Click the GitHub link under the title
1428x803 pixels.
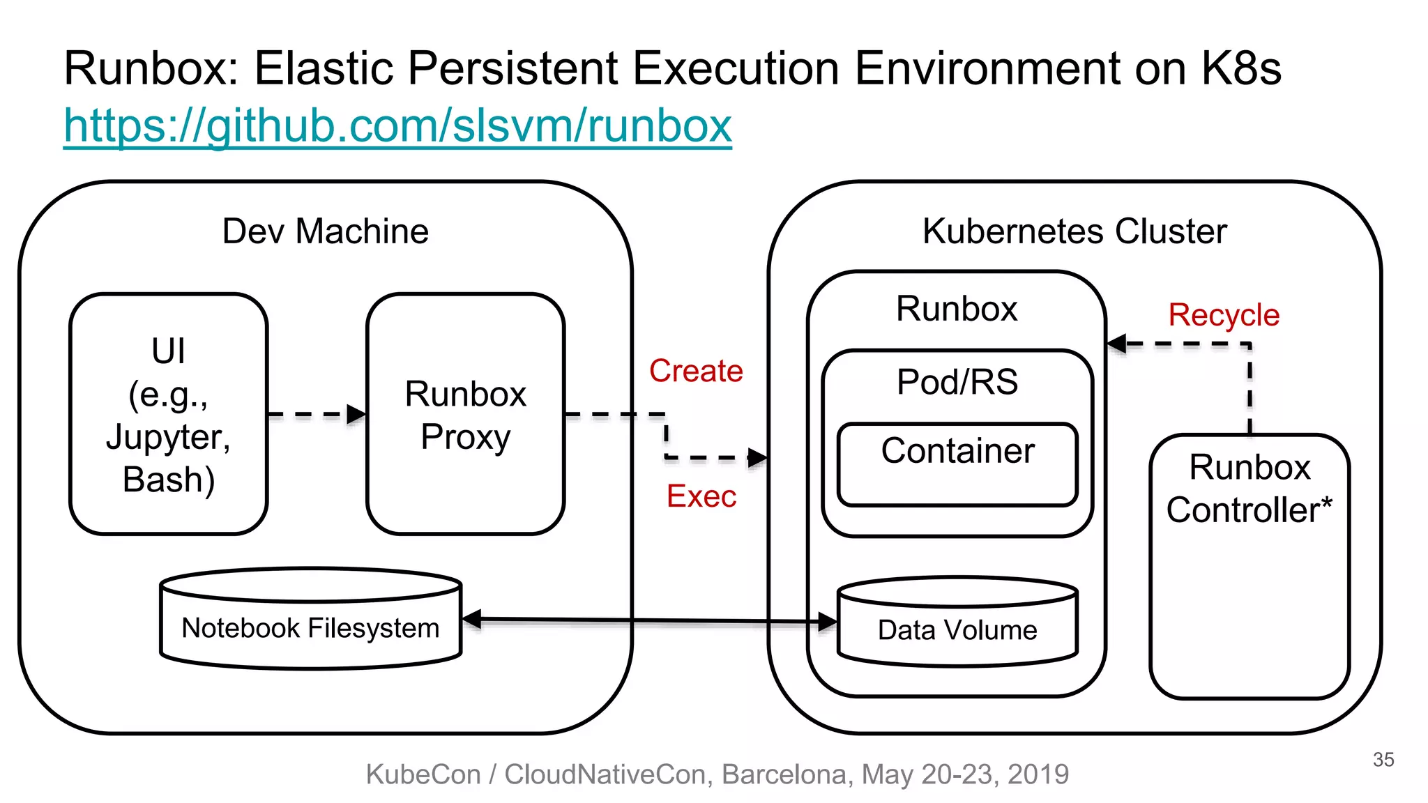(x=397, y=126)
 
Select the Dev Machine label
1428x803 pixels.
(x=325, y=231)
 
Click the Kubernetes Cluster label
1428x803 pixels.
(x=1074, y=231)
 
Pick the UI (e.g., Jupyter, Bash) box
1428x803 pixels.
(x=169, y=414)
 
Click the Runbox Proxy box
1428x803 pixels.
(x=465, y=414)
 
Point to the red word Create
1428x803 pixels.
(x=695, y=371)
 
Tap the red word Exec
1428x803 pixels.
(x=701, y=496)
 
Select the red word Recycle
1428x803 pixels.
(x=1224, y=315)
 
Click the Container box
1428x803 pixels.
(x=957, y=464)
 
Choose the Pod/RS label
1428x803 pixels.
(x=957, y=382)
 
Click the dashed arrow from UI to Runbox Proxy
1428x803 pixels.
(x=314, y=415)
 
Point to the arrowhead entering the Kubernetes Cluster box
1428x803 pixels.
(x=759, y=458)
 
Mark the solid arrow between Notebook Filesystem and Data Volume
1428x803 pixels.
(x=648, y=620)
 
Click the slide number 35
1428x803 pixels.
(x=1383, y=760)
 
